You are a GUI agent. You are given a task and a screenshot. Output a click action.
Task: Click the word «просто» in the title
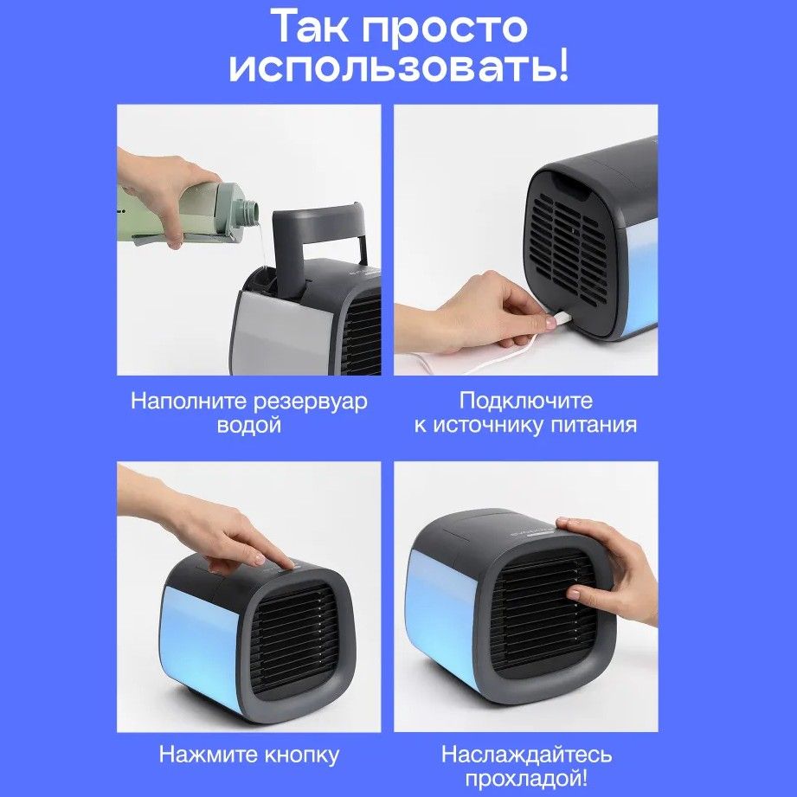click(445, 28)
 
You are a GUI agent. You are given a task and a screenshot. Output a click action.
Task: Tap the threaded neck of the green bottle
click(248, 209)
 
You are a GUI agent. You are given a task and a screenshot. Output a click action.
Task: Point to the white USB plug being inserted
click(558, 319)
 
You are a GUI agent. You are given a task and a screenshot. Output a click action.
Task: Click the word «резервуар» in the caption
click(310, 402)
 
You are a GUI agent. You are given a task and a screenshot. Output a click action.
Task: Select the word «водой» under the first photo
click(249, 424)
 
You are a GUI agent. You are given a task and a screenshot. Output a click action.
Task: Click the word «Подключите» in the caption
click(526, 401)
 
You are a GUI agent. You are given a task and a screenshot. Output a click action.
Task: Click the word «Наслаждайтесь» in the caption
click(526, 755)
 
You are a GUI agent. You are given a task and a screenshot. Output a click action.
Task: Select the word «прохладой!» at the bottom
click(526, 779)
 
